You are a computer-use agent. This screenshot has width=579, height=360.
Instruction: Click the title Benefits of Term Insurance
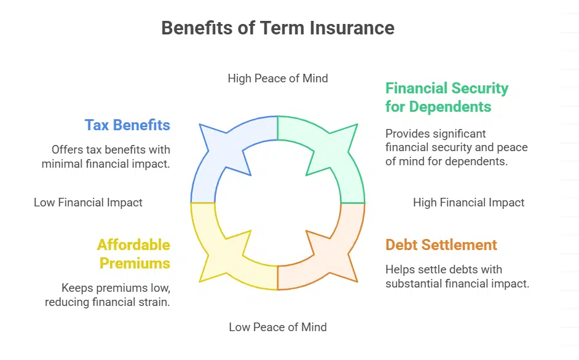click(278, 28)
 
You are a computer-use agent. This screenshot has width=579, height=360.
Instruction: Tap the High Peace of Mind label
click(278, 78)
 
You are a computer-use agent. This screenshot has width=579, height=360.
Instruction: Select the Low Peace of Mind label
click(278, 327)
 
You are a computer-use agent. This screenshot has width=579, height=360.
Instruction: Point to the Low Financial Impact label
click(88, 202)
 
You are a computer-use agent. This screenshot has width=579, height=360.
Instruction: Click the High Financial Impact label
click(468, 202)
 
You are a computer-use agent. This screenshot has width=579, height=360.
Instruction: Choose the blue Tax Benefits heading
click(127, 125)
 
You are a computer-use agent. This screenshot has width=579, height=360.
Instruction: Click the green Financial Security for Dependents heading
click(447, 97)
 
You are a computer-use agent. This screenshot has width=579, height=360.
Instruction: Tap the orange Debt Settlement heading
click(441, 245)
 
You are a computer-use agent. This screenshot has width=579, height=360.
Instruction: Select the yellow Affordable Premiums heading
click(133, 254)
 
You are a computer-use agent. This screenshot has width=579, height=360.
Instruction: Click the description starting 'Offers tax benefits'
click(106, 157)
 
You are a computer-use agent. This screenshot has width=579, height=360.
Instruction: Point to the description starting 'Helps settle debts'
click(457, 276)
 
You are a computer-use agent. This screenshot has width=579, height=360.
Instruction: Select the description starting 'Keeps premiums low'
click(108, 294)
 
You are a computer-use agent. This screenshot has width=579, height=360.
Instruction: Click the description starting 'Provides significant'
click(456, 147)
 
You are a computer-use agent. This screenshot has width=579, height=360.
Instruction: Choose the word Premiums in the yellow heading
click(135, 263)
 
